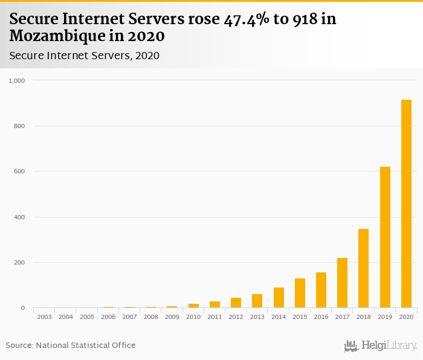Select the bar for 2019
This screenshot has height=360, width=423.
385,237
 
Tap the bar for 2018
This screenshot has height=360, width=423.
363,268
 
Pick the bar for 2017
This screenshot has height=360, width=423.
342,283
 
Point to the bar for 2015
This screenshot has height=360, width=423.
300,293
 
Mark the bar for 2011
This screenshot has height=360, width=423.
215,304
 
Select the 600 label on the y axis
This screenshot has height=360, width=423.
20,172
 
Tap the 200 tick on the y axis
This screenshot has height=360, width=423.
20,263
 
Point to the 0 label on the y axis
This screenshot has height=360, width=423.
23,308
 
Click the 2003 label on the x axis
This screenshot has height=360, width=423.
45,317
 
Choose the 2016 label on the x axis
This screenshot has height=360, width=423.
321,317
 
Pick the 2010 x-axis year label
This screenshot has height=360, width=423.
193,317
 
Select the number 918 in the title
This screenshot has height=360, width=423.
303,19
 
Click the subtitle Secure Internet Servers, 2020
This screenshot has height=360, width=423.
84,56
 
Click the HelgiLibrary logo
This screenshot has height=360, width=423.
381,346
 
